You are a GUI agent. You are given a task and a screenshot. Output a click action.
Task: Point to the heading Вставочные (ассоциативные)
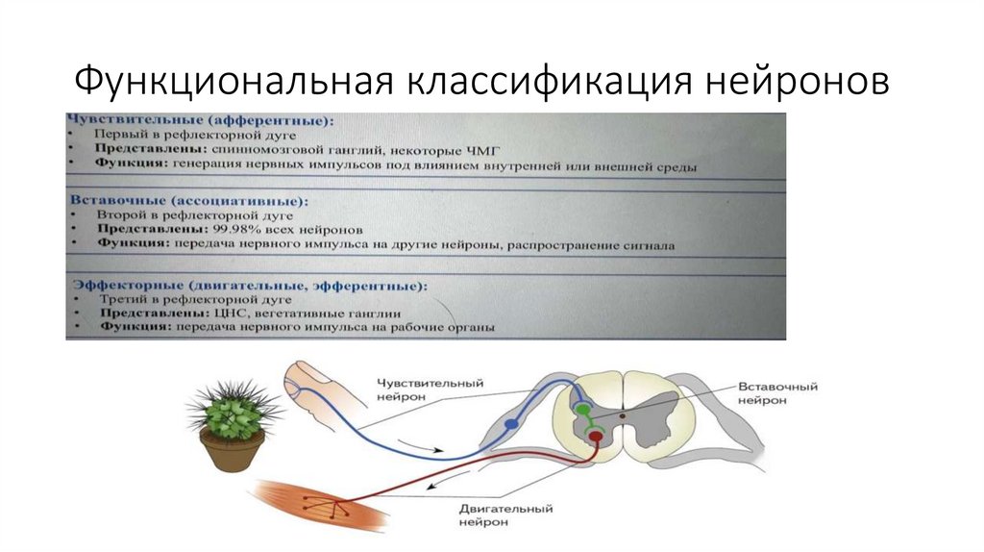[188, 202]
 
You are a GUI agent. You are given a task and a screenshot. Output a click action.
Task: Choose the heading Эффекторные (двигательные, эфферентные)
[249, 286]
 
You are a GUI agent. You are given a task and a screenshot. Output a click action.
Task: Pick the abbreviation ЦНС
[223, 314]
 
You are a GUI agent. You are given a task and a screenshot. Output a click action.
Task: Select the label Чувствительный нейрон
[429, 389]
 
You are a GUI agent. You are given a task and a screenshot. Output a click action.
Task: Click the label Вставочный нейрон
[776, 393]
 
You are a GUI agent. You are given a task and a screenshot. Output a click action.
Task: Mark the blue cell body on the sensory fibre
[511, 423]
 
